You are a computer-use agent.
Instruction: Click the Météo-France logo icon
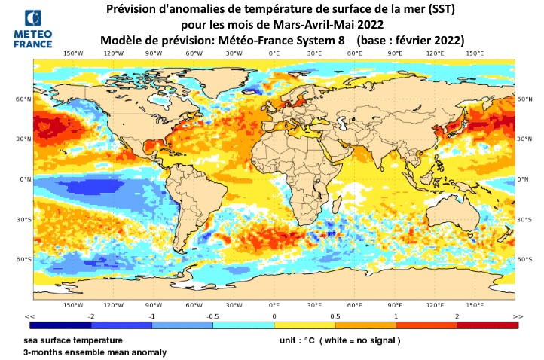click(x=33, y=20)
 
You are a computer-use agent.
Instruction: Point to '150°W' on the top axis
click(x=72, y=53)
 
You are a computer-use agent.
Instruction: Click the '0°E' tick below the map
click(x=274, y=305)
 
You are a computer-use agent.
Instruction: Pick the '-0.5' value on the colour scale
click(x=212, y=316)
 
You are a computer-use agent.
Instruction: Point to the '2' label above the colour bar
click(x=457, y=316)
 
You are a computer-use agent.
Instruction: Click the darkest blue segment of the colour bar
click(x=60, y=325)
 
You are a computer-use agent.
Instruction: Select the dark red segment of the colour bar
click(x=487, y=325)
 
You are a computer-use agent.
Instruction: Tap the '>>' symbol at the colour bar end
click(x=516, y=316)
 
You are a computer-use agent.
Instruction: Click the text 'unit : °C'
click(x=297, y=340)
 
